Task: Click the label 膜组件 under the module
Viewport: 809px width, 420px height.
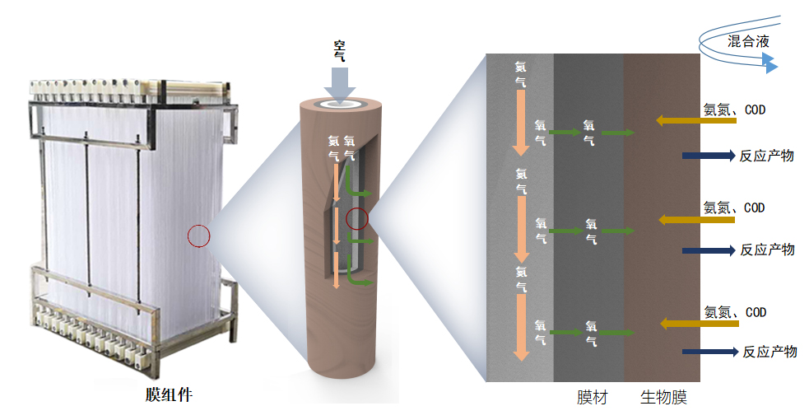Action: coord(169,394)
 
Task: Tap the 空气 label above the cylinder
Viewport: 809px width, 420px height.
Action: coord(339,50)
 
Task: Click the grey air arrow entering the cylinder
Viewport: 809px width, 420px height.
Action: coord(339,82)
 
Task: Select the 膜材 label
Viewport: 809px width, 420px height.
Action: coord(592,398)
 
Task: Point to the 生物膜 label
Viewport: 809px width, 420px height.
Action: coord(663,398)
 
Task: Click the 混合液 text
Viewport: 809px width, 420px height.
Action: coord(749,41)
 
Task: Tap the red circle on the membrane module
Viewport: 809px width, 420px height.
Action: coord(199,236)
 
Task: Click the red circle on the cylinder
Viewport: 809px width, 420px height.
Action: coord(356,219)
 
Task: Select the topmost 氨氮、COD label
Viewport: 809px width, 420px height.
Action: coord(734,109)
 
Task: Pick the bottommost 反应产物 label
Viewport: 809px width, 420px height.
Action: coord(769,352)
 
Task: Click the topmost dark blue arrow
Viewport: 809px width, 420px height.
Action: coord(707,155)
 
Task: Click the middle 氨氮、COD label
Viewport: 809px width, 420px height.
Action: coord(734,208)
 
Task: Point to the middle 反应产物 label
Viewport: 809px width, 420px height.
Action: coord(767,250)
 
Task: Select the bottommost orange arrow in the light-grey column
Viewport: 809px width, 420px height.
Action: coord(519,327)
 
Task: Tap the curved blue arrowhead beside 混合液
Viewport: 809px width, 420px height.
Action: coord(769,63)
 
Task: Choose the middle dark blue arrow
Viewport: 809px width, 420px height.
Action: coord(707,250)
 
